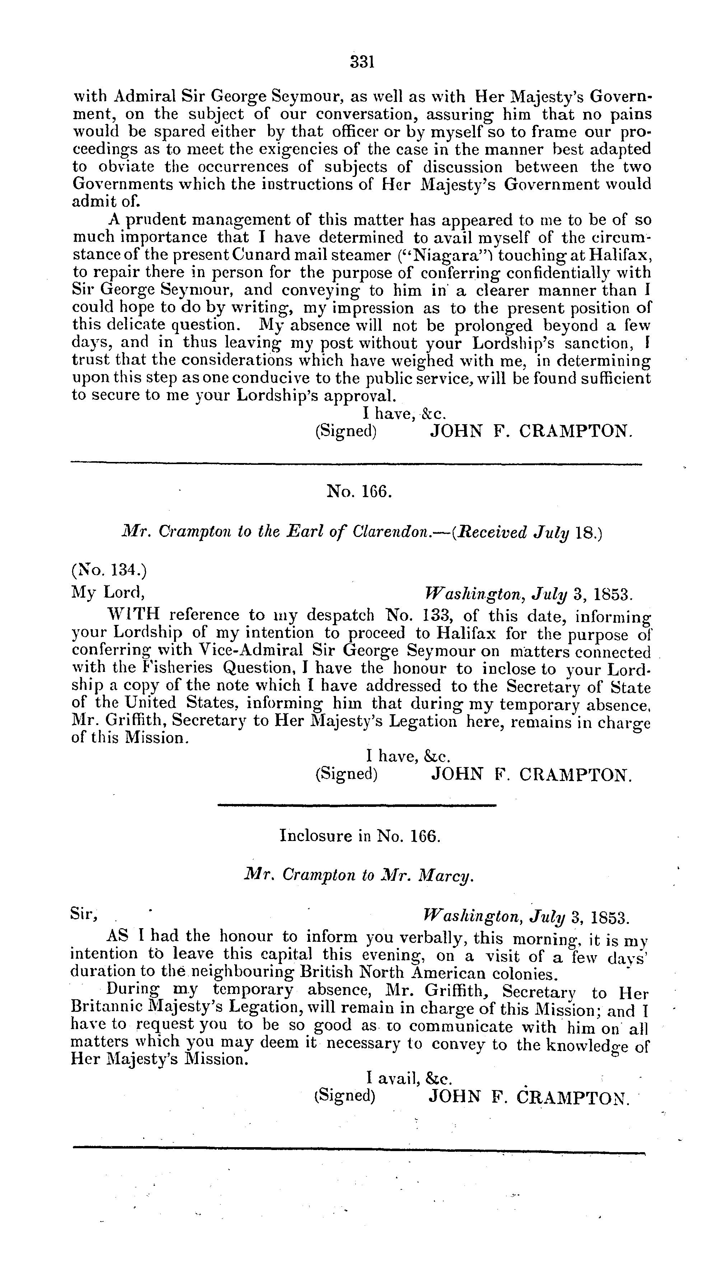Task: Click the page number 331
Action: pyautogui.click(x=362, y=62)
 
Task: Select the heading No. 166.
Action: pyautogui.click(x=359, y=491)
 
